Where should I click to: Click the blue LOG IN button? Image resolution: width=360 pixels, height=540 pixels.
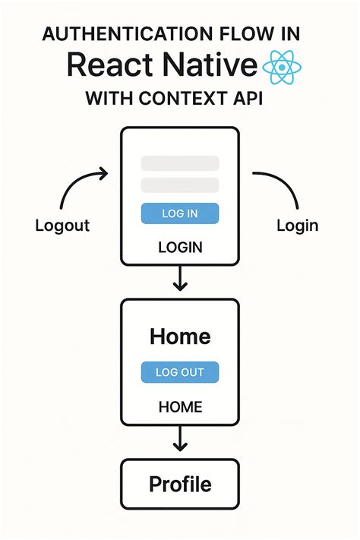click(180, 213)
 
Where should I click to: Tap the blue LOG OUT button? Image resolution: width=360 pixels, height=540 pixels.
click(180, 372)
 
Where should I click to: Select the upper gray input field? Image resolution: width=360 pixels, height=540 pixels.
click(180, 163)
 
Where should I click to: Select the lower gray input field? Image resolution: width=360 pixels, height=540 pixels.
click(180, 185)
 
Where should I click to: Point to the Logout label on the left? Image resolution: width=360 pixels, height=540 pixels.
click(62, 226)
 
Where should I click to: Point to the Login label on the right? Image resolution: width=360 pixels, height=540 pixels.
click(297, 226)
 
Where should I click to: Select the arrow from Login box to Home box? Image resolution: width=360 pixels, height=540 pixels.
click(180, 279)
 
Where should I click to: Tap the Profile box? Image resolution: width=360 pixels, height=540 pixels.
click(180, 484)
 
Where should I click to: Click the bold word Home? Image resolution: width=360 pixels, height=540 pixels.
click(180, 336)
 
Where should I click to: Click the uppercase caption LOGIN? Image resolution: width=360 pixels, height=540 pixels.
click(180, 248)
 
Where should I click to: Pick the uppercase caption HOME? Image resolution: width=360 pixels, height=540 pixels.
click(180, 407)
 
